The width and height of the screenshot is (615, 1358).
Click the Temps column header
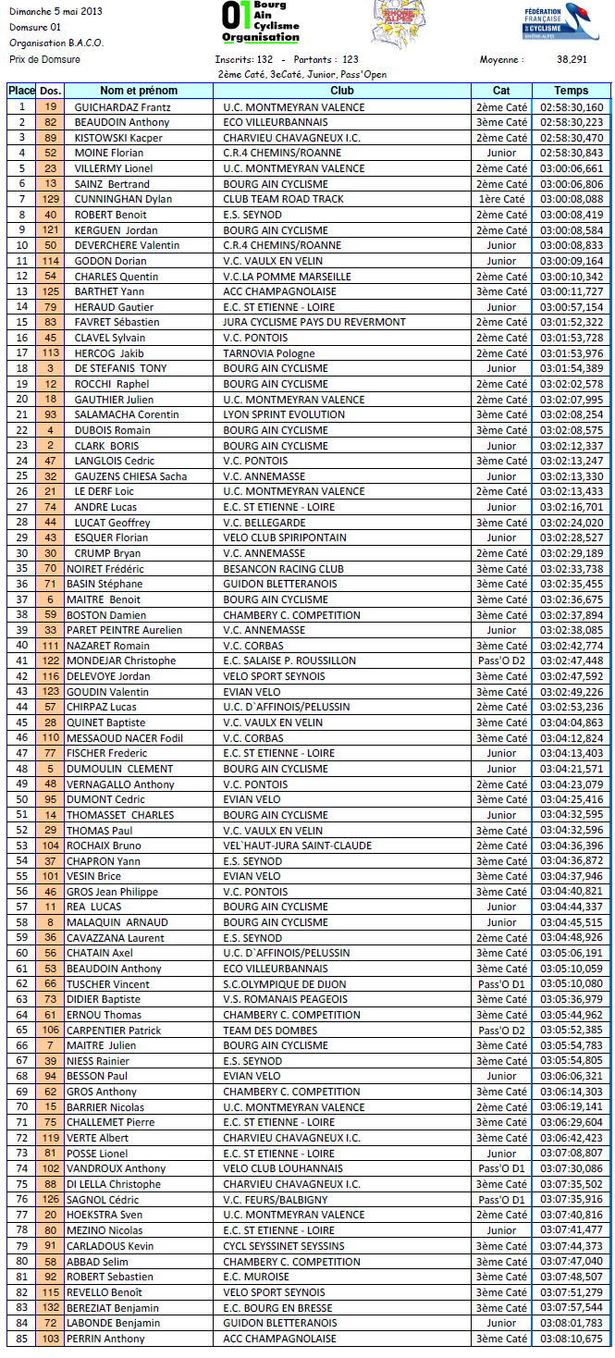571,91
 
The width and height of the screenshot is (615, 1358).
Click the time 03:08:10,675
571,1338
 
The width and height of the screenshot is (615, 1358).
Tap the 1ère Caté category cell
501,199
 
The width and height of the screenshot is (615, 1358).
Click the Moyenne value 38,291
572,59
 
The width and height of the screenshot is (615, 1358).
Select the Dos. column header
51,91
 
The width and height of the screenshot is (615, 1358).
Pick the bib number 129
51,199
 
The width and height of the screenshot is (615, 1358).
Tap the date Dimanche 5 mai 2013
55,11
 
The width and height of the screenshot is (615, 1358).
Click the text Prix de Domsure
44,59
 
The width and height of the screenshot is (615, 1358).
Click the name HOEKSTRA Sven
104,1215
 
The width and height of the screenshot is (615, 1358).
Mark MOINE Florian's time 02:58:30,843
571,153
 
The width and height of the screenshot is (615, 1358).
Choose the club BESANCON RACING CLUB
283,568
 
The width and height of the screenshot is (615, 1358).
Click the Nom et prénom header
139,91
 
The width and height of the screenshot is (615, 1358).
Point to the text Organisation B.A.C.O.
56,43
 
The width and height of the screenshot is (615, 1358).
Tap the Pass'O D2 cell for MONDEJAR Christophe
501,660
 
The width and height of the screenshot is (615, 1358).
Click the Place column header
20,91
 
